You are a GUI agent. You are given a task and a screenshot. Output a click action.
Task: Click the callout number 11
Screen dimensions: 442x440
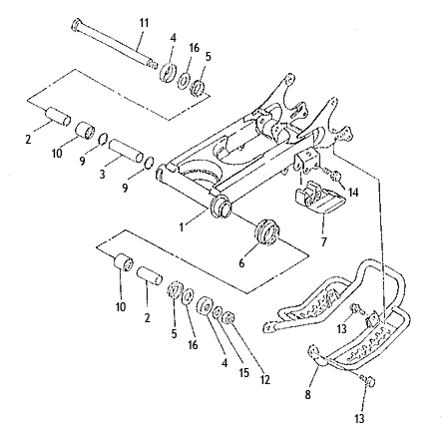pos(144,24)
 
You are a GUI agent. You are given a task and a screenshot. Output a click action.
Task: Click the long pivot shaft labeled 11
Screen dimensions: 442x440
pos(114,44)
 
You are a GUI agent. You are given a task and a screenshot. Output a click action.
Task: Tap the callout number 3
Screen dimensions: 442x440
pos(103,174)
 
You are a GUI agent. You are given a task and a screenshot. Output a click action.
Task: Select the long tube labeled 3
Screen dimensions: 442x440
pos(127,151)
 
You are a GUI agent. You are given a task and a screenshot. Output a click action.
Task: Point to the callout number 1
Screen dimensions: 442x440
pos(182,227)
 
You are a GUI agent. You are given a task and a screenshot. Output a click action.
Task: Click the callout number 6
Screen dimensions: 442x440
pos(241,263)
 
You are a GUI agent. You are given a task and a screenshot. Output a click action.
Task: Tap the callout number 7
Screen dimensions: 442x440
pos(324,241)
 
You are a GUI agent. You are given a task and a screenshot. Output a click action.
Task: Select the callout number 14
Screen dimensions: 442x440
pos(353,192)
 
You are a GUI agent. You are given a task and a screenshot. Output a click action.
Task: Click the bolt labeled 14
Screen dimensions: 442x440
pos(332,175)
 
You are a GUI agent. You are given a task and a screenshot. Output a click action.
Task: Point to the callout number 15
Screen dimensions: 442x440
pos(243,373)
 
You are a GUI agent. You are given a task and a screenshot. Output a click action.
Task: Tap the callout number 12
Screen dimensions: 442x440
pos(265,379)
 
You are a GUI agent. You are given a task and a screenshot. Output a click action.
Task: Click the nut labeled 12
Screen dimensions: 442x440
pos(229,318)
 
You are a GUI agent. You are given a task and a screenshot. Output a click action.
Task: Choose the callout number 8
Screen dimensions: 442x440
pos(307,395)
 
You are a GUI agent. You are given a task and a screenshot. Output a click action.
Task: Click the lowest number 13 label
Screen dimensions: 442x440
pos(359,418)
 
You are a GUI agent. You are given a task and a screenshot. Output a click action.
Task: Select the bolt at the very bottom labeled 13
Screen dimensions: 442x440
pos(368,380)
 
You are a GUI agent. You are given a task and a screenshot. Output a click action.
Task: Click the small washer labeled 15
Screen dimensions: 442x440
pos(218,312)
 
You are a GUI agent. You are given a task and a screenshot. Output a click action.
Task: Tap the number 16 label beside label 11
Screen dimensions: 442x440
pos(194,48)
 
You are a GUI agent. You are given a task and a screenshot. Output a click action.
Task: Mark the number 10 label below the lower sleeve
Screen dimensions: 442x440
pos(121,306)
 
